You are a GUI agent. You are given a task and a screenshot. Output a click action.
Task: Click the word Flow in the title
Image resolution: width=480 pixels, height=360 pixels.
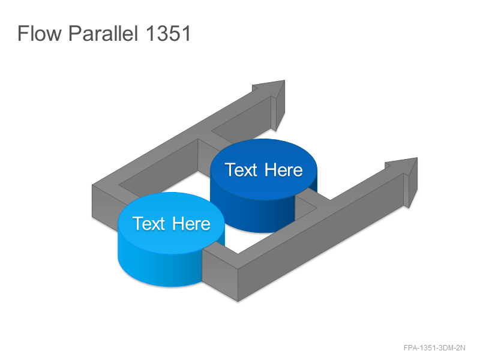40,33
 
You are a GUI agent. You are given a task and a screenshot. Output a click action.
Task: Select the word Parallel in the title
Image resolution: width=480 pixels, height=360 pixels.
103,33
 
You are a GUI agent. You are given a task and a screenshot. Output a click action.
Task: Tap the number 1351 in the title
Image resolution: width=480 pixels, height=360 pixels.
168,33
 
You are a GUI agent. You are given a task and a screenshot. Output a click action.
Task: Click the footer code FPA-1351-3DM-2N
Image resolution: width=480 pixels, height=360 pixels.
434,348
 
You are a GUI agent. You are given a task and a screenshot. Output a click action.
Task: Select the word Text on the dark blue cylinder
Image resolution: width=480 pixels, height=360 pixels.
241,170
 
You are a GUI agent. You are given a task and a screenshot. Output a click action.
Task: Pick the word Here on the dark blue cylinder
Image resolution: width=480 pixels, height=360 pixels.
283,170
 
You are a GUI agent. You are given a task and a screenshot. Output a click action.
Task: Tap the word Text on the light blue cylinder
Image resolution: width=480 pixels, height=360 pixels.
148,223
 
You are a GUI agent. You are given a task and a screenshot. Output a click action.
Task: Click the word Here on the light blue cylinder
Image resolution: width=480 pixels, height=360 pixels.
191,223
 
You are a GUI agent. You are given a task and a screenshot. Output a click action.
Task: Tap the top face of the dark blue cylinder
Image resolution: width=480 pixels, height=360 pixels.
263,169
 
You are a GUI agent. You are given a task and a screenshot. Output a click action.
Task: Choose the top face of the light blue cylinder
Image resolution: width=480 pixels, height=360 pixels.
171,223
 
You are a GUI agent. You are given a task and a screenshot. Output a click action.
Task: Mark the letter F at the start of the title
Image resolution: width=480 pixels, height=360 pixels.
23,33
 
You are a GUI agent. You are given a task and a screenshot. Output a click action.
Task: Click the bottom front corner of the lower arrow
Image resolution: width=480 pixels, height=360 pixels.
238,302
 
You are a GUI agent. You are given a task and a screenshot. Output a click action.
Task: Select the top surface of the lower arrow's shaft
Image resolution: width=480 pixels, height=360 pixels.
322,211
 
